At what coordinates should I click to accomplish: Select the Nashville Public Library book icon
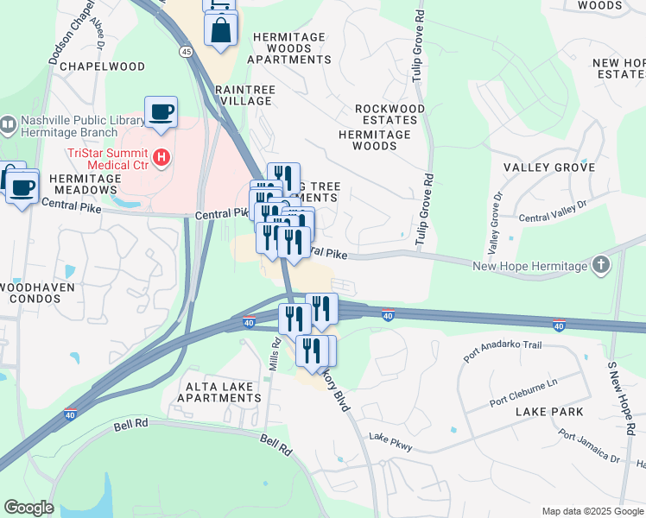coord(8,125)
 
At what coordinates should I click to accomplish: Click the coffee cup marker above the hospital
coord(161,112)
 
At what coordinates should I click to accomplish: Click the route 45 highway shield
coord(187,52)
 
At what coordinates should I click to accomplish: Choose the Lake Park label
coord(550,413)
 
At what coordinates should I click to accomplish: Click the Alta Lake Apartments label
coord(218,392)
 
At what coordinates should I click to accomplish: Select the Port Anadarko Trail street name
coord(502,351)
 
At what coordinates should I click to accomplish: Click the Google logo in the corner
coord(28,507)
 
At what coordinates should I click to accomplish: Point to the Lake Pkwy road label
coord(391,441)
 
